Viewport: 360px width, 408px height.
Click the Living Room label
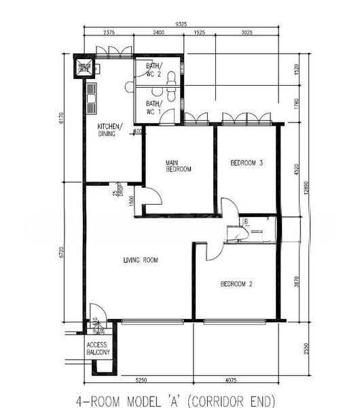(141, 260)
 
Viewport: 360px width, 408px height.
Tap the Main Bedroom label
(179, 165)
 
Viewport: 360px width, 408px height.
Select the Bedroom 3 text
(246, 163)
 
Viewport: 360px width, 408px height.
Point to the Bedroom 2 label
(237, 284)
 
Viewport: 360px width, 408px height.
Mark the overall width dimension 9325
(181, 24)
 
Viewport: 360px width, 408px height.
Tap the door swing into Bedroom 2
(212, 250)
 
